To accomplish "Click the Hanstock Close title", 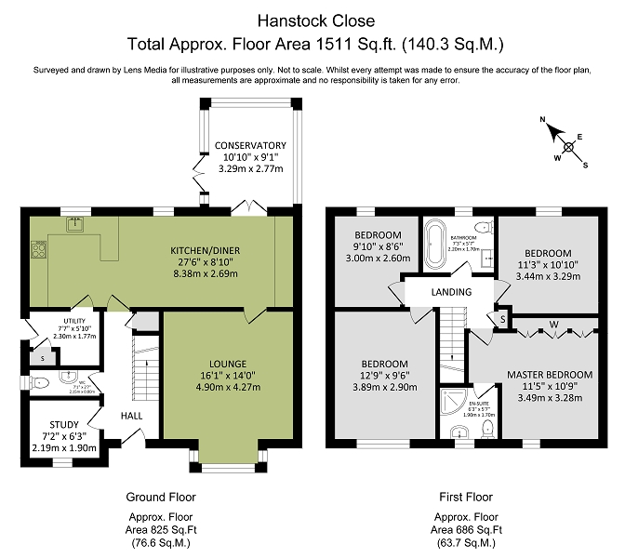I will tap(312, 19).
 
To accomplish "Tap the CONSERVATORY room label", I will tap(249, 145).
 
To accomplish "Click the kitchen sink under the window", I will tap(75, 223).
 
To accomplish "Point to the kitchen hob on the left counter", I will tap(40, 249).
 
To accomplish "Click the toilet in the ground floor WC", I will tap(40, 381).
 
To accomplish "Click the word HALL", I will tap(131, 416).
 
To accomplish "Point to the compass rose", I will tap(565, 142).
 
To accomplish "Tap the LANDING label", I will tap(452, 292).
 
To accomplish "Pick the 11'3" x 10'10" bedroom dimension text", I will tap(547, 265).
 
